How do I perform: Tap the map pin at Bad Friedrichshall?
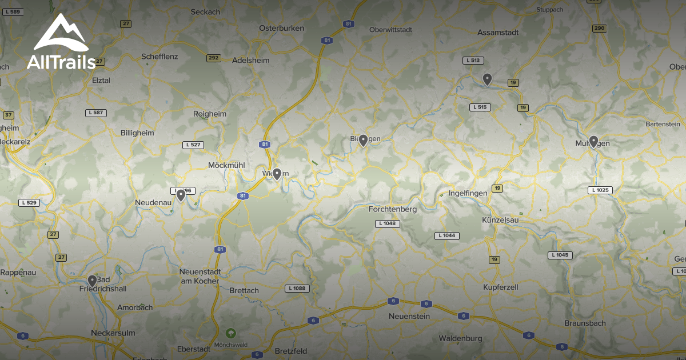tap(92, 281)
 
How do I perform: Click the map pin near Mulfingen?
tap(593, 141)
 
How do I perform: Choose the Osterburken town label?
tap(281, 28)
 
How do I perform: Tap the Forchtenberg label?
tap(393, 209)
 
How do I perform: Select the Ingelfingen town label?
tap(468, 193)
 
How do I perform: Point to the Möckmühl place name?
tap(226, 165)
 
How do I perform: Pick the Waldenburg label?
tap(460, 338)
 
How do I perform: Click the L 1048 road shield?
tap(387, 223)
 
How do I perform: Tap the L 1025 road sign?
tap(600, 190)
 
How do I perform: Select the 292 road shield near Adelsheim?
tap(213, 58)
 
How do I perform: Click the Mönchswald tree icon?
tap(230, 333)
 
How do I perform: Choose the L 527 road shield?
tap(193, 145)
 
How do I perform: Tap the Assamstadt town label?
tap(498, 33)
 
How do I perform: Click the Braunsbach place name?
tap(585, 322)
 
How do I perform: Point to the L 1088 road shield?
tap(298, 289)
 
